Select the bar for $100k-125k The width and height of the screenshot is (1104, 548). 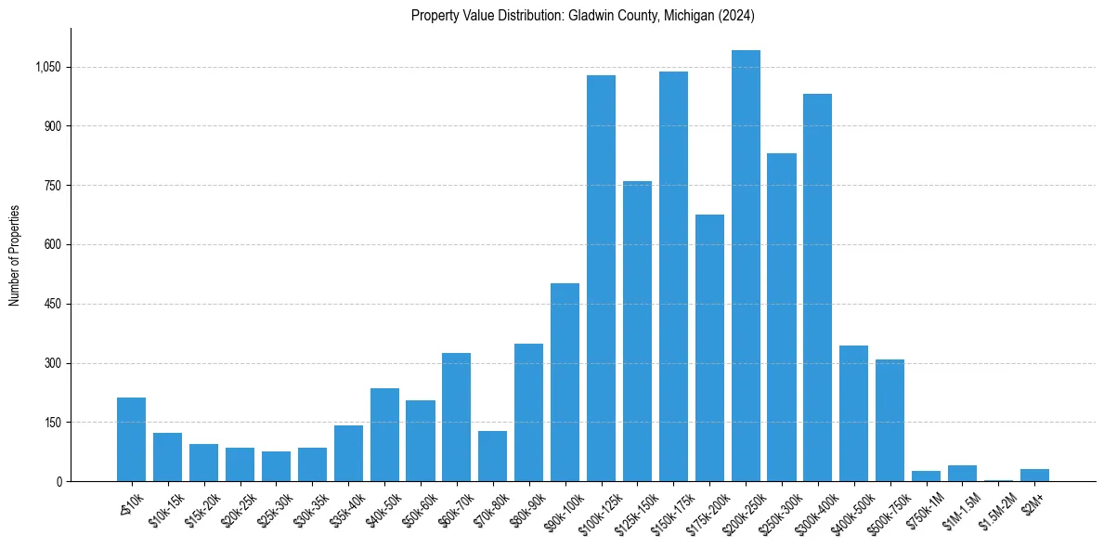tap(601, 279)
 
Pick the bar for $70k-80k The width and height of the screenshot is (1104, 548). tap(492, 456)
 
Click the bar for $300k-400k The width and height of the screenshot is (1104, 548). tap(818, 288)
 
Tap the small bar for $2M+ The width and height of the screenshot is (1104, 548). tap(1034, 476)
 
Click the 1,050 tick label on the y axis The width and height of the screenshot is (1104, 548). tap(47, 67)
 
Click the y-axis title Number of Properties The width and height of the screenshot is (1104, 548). tap(15, 255)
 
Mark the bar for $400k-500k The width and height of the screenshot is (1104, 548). tap(853, 413)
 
